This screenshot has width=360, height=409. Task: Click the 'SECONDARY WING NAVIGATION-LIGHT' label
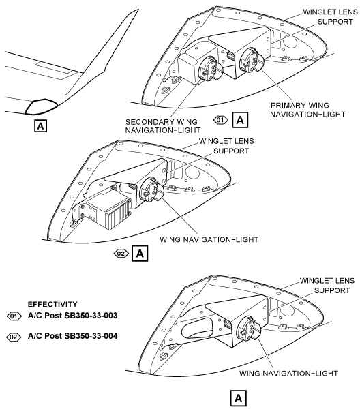pos(162,126)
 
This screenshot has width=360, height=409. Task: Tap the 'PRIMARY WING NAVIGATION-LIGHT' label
pos(307,110)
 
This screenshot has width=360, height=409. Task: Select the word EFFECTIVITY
pos(52,304)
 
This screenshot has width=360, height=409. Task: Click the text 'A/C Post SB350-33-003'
pos(72,316)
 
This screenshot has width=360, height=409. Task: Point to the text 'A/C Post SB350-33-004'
pos(72,336)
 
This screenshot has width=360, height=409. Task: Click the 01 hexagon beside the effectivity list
pos(14,316)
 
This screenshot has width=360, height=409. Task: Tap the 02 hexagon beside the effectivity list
pos(14,337)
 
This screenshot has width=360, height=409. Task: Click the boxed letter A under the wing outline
pos(40,126)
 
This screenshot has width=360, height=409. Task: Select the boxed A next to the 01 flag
pos(240,120)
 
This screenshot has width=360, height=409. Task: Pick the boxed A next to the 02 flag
pos(140,254)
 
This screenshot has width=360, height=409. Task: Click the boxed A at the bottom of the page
pos(239,398)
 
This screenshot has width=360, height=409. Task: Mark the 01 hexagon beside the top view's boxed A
pos(220,120)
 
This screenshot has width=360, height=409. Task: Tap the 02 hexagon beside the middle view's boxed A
pos(121,254)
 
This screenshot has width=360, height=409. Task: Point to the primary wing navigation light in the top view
pos(252,60)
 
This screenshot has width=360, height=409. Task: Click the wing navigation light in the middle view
pos(151,190)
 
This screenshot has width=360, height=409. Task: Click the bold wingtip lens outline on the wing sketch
pos(41,107)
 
